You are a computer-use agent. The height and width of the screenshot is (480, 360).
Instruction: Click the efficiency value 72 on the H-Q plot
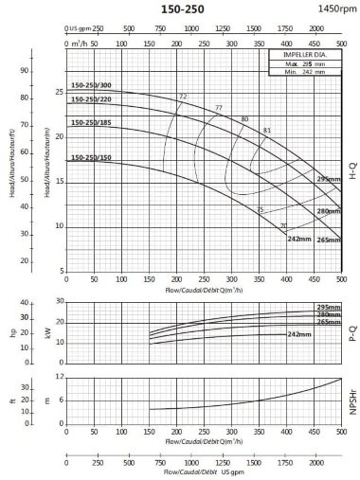tap(183, 97)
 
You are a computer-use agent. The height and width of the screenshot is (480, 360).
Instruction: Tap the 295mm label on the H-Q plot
tap(328, 179)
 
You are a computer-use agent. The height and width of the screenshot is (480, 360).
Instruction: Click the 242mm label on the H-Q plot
tap(299, 239)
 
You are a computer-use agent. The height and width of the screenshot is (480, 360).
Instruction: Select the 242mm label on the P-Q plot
tap(299, 334)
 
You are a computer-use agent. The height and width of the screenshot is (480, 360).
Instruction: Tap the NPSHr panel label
tap(352, 401)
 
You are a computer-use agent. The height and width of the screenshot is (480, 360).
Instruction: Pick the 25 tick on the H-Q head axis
tap(58, 92)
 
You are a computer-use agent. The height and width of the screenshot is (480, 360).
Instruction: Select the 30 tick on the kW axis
tap(58, 302)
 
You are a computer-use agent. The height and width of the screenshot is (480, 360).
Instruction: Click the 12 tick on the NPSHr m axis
tap(58, 377)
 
